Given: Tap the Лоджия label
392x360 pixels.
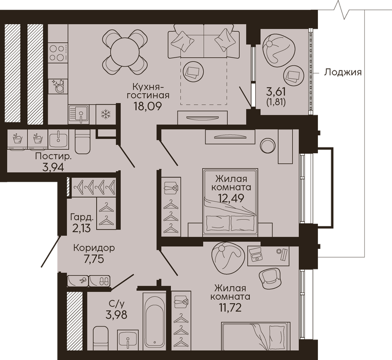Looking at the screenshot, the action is (343, 72).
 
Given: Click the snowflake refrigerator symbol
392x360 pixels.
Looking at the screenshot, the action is (106, 114).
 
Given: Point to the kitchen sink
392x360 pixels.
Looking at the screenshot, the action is (79, 114).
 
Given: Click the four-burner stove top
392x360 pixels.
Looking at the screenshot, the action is (58, 52).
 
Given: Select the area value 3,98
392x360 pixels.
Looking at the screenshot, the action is (116, 315).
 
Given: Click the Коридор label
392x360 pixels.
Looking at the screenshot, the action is (94, 248).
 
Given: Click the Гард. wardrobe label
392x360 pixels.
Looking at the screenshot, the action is (82, 217).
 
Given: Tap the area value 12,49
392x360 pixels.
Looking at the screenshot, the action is (231, 198).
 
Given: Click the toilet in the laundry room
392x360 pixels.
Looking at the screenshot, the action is (82, 142).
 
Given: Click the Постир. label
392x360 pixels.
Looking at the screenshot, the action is (54, 157).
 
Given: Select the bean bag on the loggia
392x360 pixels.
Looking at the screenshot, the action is (278, 51).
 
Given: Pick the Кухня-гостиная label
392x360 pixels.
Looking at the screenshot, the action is (148, 91).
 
